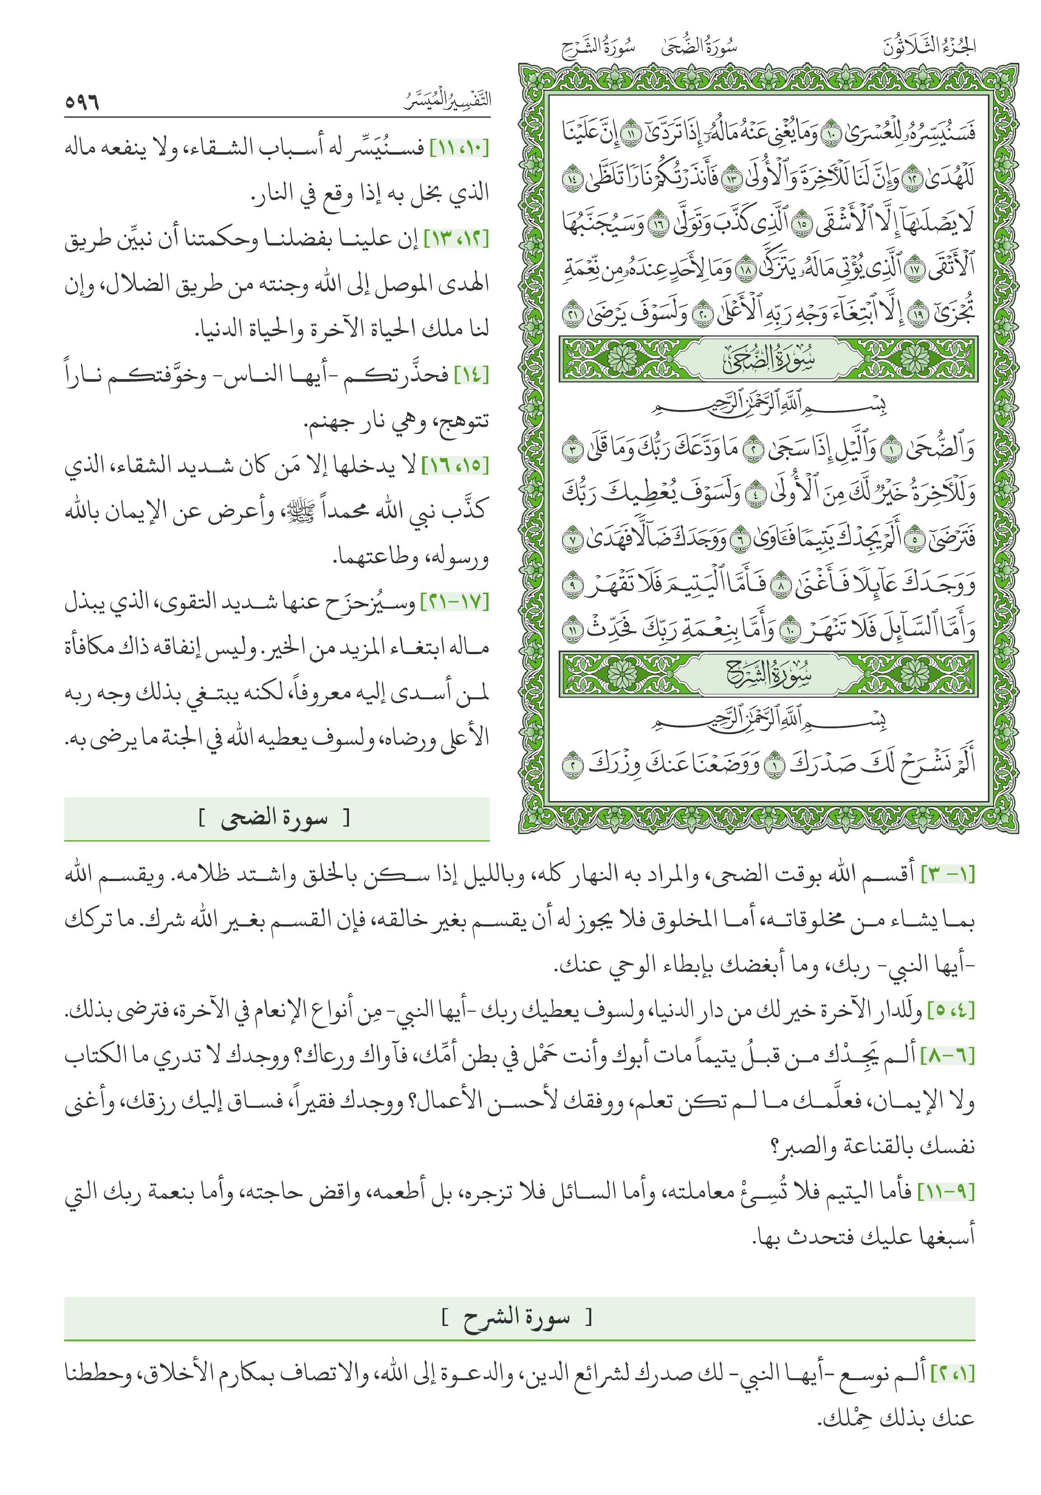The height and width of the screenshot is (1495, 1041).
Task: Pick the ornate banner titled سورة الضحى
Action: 768,359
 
